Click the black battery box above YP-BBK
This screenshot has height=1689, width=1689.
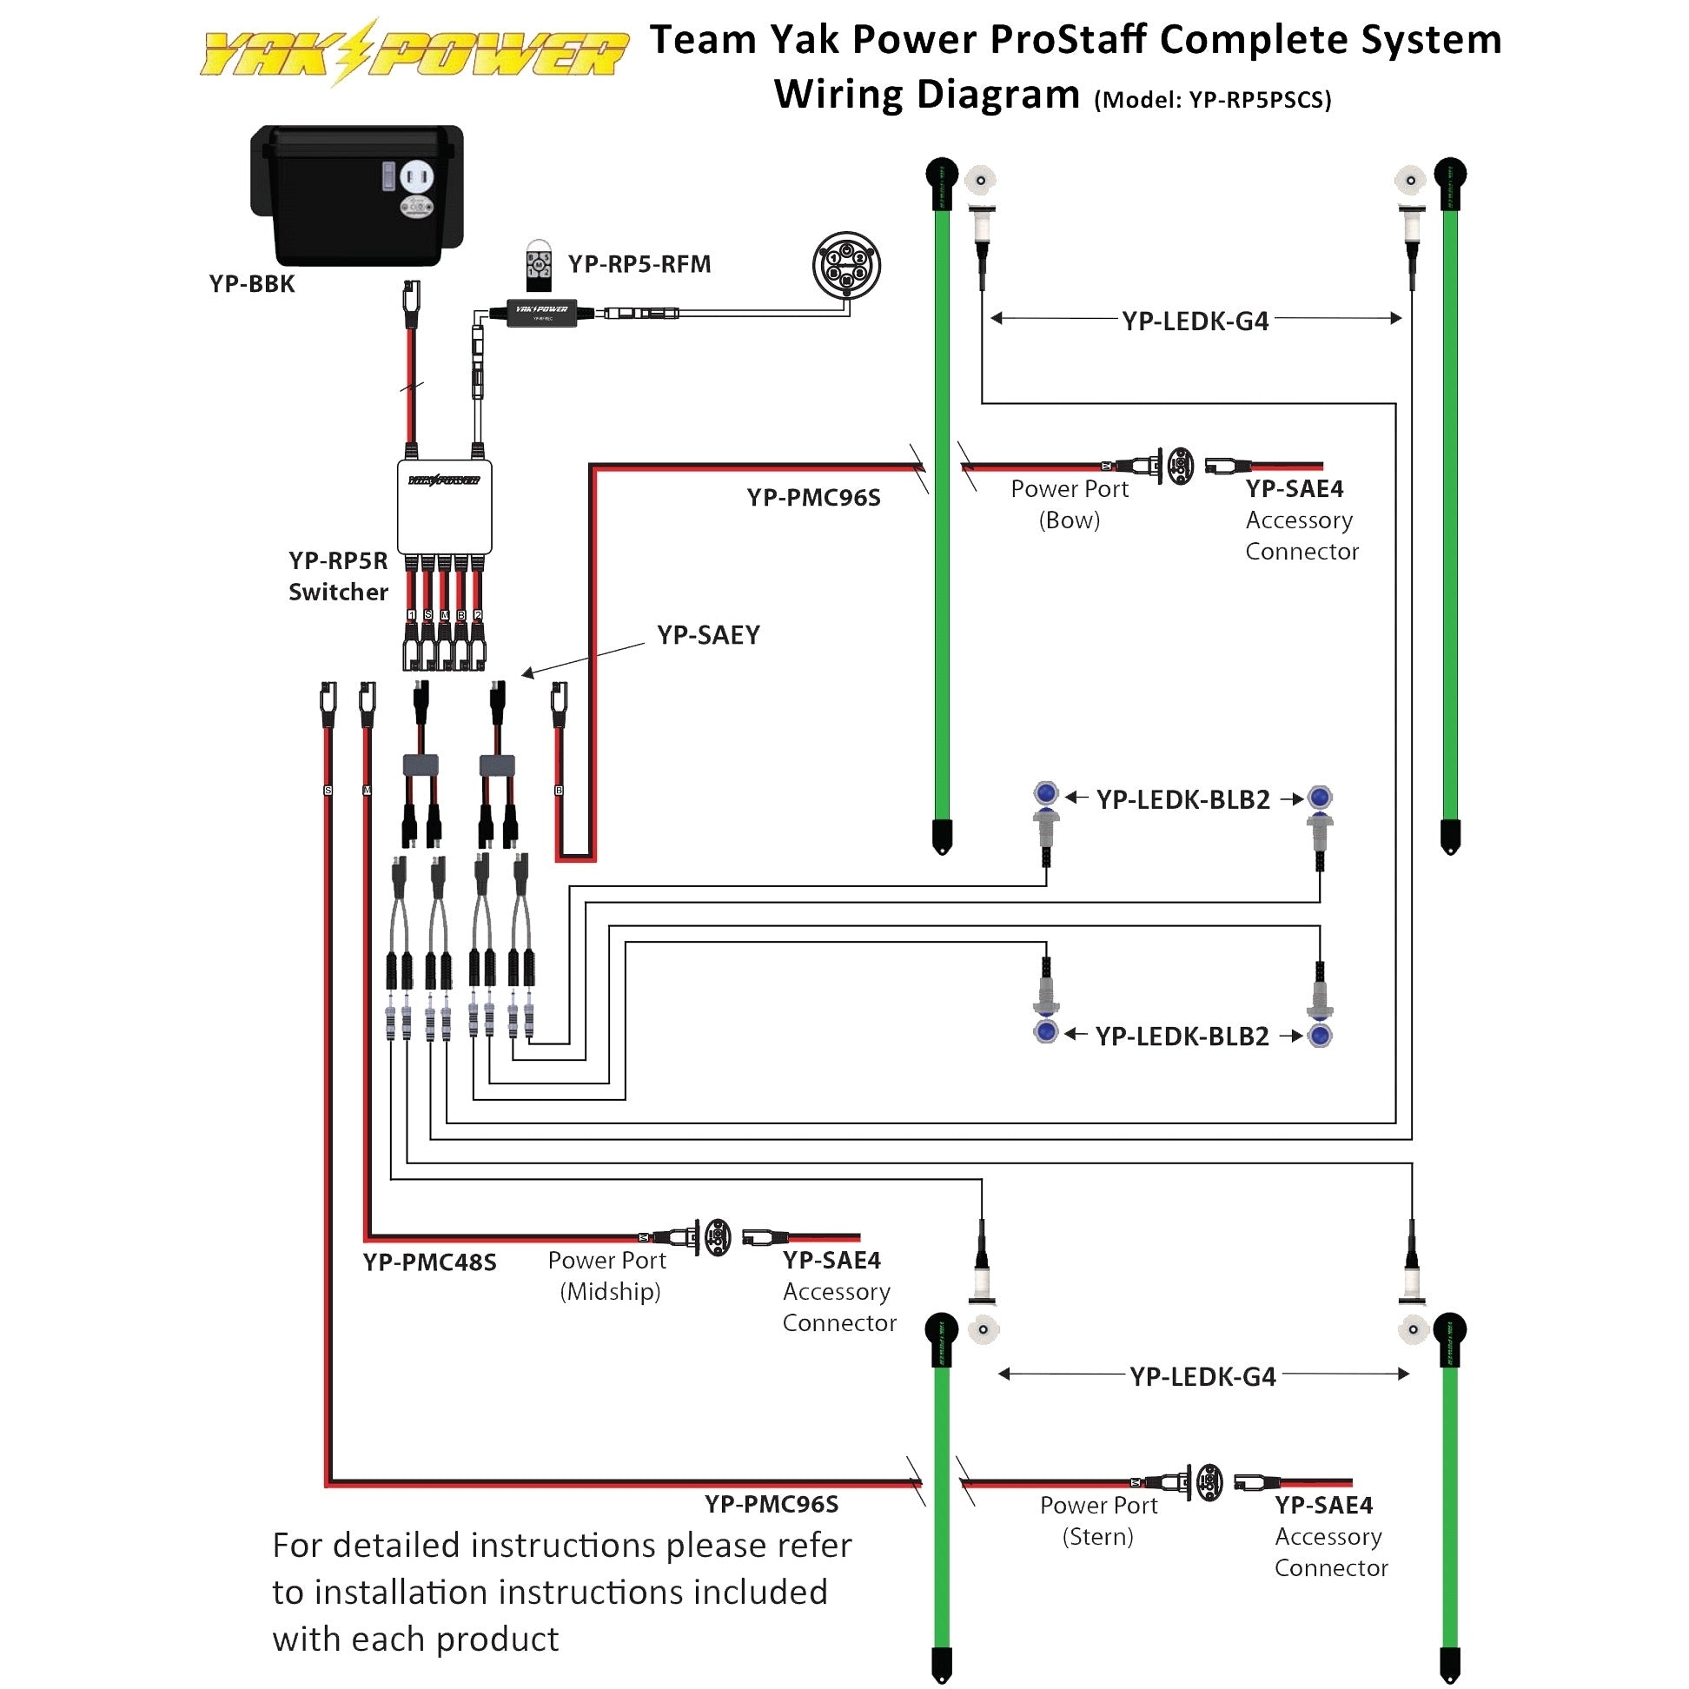[357, 194]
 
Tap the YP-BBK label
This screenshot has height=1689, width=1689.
[252, 284]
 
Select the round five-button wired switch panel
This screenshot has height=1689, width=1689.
[845, 265]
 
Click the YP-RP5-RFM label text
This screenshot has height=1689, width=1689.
[639, 264]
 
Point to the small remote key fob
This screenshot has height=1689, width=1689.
[539, 265]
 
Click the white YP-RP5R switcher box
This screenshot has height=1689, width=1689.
[444, 507]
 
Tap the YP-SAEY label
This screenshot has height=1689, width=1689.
[708, 635]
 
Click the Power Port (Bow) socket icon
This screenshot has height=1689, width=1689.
[1180, 465]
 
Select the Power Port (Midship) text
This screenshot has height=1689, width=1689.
[607, 1275]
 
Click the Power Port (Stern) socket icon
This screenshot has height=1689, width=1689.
[1209, 1483]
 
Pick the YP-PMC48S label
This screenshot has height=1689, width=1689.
[429, 1262]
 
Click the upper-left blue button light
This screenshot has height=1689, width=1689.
[1045, 794]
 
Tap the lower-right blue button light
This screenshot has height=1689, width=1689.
[1320, 1036]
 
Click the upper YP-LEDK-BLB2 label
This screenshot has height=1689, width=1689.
[1182, 799]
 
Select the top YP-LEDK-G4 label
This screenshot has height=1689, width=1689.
[1195, 321]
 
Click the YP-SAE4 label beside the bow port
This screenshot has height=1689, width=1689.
[1294, 487]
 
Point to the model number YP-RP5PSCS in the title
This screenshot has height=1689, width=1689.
[1259, 100]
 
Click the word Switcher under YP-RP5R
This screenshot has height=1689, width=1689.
[338, 592]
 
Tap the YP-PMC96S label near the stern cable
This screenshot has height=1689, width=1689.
[771, 1505]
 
